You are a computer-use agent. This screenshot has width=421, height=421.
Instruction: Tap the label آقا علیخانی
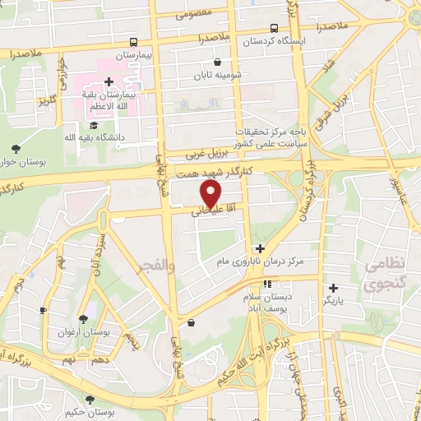pos(208,211)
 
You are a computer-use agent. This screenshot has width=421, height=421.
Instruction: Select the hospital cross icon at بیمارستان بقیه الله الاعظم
pos(109,81)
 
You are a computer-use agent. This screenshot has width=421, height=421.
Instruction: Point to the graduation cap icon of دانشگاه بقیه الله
pos(93,124)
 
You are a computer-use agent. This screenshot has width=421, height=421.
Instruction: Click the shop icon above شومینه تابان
pos(217,62)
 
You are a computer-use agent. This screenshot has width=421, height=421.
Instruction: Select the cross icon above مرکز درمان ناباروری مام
pos(260,248)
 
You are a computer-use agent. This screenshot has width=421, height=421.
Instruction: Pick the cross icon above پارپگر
pos(333,288)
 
